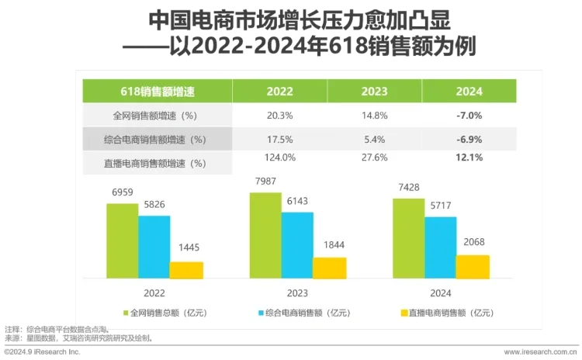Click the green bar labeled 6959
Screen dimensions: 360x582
pos(123,241)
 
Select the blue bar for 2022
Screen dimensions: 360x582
pos(154,247)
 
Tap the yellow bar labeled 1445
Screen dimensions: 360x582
pos(186,270)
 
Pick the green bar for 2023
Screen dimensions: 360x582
pos(265,235)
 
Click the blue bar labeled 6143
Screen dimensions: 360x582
pos(297,244)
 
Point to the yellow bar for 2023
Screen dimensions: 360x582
pos(329,268)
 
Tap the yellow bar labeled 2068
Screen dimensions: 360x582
pos(473,266)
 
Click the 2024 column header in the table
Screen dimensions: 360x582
pos(469,91)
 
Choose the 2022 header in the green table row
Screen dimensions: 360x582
pos(279,91)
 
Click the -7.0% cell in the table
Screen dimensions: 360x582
pos(469,115)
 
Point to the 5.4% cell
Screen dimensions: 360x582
pos(374,139)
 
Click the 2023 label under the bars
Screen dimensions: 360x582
pos(296,293)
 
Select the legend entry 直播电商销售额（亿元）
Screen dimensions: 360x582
pos(447,313)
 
